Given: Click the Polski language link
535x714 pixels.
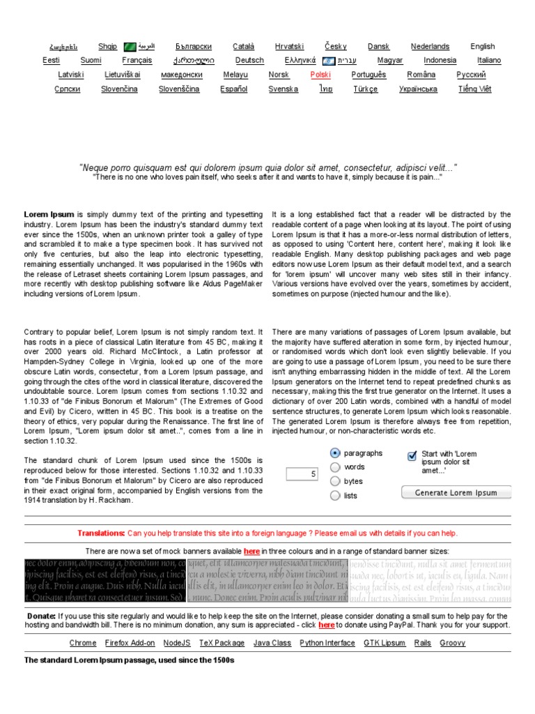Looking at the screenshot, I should (320, 75).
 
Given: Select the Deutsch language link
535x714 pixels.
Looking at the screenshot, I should (249, 61).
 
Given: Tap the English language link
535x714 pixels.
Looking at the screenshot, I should (482, 47).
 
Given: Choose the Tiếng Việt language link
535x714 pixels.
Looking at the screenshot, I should (474, 89).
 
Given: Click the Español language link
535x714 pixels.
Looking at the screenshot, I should (233, 89).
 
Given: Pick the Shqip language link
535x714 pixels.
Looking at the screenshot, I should (108, 47).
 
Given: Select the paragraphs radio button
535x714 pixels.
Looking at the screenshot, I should (335, 453).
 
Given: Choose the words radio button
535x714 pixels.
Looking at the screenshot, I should (335, 467).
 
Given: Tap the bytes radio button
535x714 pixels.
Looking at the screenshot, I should (335, 481).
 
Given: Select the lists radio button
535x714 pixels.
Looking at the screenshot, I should (335, 496).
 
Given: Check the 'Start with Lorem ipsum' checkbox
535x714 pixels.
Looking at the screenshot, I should (412, 456).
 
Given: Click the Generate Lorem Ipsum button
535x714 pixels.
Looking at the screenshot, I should (456, 493).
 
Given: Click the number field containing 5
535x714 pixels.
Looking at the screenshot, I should (302, 474).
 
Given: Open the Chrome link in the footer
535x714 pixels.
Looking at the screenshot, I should (83, 643).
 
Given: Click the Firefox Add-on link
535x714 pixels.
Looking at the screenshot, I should (130, 643).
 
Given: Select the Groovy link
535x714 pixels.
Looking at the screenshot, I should (453, 643).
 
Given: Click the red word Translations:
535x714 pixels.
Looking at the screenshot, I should (101, 533).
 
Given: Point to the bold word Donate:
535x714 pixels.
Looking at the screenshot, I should (41, 616).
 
